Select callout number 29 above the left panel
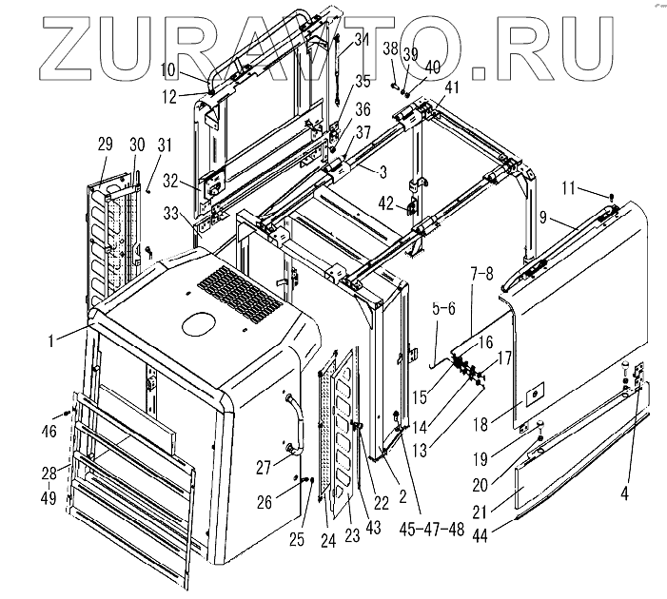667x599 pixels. tap(105, 145)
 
